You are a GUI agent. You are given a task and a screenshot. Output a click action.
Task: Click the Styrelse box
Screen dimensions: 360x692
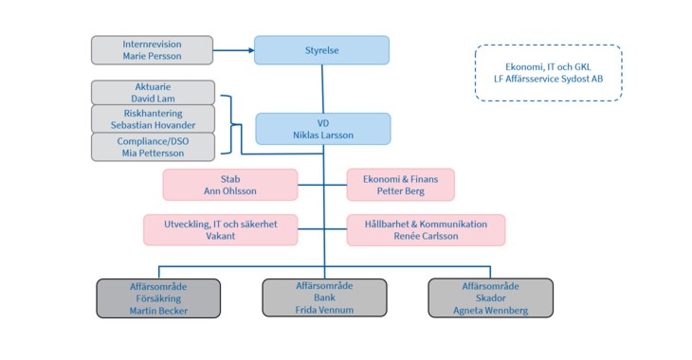(x=321, y=50)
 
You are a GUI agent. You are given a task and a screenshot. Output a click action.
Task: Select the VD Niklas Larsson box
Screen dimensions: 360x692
(x=322, y=129)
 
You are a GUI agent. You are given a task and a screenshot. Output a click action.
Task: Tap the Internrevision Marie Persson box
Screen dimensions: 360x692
(x=152, y=50)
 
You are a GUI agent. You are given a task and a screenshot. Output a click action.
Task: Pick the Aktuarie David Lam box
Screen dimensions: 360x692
(x=153, y=92)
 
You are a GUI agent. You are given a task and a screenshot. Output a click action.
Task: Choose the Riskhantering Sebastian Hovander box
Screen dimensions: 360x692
(x=153, y=118)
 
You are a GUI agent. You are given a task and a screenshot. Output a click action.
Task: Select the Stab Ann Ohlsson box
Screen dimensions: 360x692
(x=230, y=185)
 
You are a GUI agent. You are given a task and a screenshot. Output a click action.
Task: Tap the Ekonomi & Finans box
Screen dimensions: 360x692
(x=400, y=185)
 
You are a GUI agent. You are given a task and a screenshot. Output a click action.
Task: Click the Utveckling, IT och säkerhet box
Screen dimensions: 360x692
(x=221, y=230)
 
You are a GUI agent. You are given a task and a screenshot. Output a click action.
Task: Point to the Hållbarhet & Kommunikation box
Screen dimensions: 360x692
(x=426, y=230)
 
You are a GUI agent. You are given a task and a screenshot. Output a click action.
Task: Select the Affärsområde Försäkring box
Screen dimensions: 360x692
(x=159, y=297)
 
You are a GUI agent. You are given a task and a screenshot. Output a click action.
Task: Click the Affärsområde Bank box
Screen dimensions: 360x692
(x=324, y=297)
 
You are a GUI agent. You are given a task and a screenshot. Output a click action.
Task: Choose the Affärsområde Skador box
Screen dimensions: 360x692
(x=490, y=297)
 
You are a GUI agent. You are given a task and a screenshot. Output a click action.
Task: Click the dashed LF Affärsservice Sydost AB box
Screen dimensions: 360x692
(x=548, y=73)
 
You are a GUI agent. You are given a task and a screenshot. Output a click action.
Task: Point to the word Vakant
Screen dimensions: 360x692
(x=221, y=237)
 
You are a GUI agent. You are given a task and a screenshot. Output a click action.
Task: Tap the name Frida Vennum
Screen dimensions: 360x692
(x=324, y=310)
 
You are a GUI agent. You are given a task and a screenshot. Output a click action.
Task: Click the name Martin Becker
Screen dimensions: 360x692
(x=159, y=310)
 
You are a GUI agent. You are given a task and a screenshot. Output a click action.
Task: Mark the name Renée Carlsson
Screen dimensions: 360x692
(x=426, y=237)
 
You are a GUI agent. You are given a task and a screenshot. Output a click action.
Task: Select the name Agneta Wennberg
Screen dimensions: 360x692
(x=490, y=310)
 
